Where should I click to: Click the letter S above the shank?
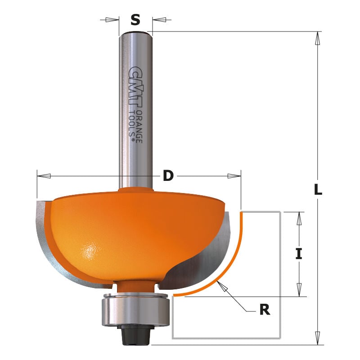pos(135,20)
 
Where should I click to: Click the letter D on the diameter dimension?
pos(168,176)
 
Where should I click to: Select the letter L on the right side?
pos(318,190)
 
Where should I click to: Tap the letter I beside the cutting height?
pos(298,254)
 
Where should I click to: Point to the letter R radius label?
pos(265,310)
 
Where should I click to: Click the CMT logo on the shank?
pos(134,88)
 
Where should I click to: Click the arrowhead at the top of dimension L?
pos(318,39)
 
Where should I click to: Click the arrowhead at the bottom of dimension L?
pos(318,337)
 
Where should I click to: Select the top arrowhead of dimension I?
pos(298,218)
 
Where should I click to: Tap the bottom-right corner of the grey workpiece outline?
pos(281,338)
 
